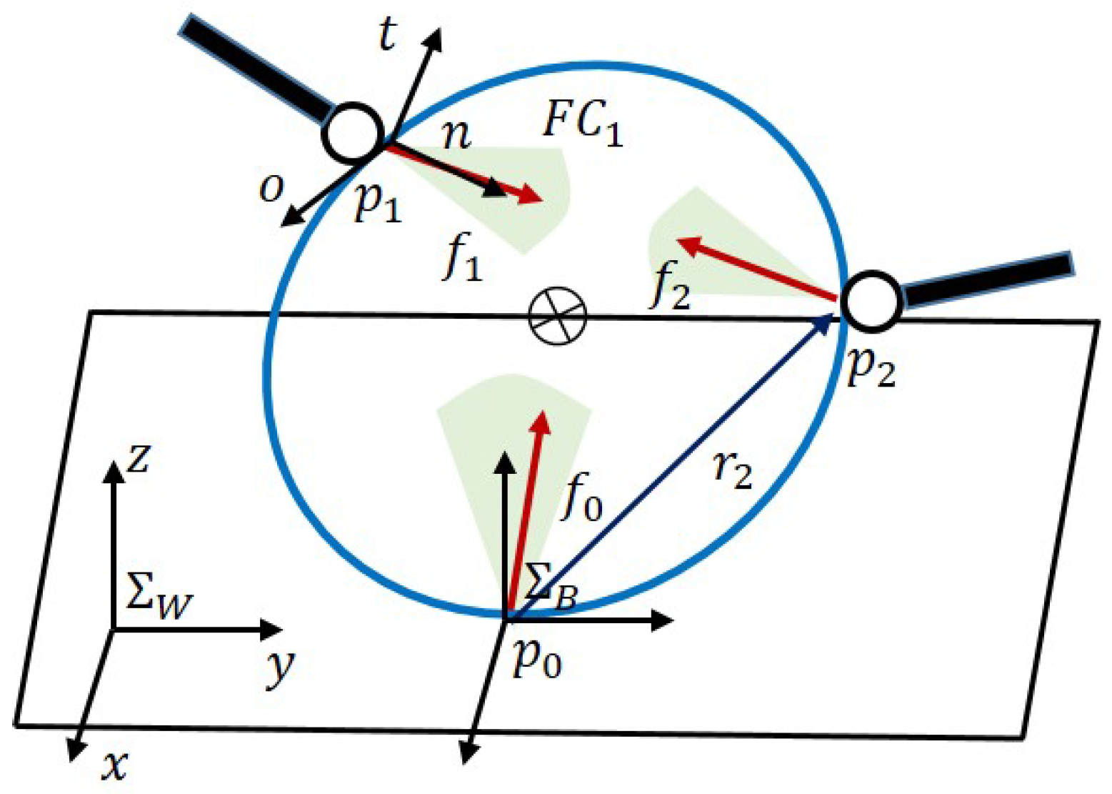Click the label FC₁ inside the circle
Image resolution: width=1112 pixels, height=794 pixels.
pyautogui.click(x=582, y=123)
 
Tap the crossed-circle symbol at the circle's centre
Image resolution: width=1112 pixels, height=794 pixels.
pyautogui.click(x=557, y=315)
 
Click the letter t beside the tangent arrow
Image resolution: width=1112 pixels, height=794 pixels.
pyautogui.click(x=386, y=36)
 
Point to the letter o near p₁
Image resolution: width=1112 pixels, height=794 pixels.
pyautogui.click(x=271, y=189)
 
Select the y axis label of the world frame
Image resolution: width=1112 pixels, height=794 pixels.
pyautogui.click(x=280, y=668)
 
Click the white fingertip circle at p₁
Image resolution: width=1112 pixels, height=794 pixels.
pyautogui.click(x=353, y=132)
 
